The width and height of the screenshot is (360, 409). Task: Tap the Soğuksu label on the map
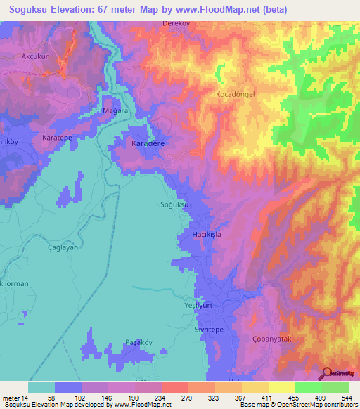(x=176, y=205)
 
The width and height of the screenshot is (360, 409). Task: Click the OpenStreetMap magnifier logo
(x=326, y=373)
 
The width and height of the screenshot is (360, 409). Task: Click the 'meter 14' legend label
(x=15, y=397)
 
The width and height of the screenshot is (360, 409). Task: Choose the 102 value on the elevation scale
(x=82, y=397)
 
